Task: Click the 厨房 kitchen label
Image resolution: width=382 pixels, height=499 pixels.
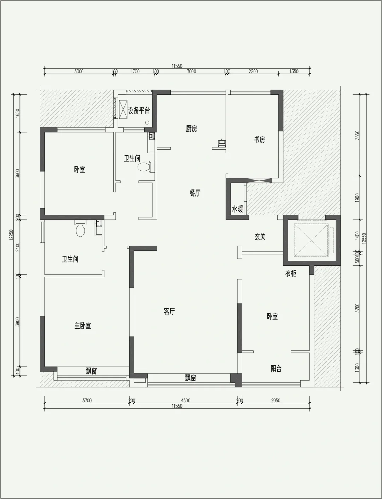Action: click(x=191, y=129)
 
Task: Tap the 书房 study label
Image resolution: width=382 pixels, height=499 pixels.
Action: click(x=259, y=140)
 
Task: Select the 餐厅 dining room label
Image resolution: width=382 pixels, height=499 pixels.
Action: click(x=195, y=193)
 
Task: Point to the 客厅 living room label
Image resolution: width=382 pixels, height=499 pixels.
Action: click(x=169, y=312)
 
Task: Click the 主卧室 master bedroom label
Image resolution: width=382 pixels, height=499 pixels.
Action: click(x=82, y=325)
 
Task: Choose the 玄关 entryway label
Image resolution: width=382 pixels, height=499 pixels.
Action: click(x=260, y=237)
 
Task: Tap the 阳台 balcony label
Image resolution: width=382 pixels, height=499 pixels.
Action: click(x=276, y=369)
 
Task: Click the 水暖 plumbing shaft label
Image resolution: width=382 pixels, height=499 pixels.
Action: click(x=237, y=209)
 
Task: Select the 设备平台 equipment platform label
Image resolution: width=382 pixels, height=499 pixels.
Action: click(x=139, y=110)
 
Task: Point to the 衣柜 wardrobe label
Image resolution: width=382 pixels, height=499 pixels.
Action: click(x=291, y=273)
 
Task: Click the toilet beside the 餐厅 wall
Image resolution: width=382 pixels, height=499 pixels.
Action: click(x=146, y=166)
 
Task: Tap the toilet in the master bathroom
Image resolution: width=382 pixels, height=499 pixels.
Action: click(x=80, y=228)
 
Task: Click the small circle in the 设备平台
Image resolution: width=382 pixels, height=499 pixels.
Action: click(x=147, y=123)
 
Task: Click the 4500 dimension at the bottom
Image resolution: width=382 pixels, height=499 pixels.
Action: click(x=185, y=401)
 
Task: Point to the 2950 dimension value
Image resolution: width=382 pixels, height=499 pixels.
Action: click(x=276, y=401)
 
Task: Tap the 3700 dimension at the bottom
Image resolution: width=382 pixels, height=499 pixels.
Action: click(x=87, y=401)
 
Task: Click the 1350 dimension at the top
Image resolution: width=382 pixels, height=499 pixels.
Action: click(x=294, y=72)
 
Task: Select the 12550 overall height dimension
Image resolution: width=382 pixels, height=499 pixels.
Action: click(x=364, y=239)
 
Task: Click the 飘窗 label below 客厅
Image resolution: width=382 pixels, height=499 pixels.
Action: click(x=191, y=378)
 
